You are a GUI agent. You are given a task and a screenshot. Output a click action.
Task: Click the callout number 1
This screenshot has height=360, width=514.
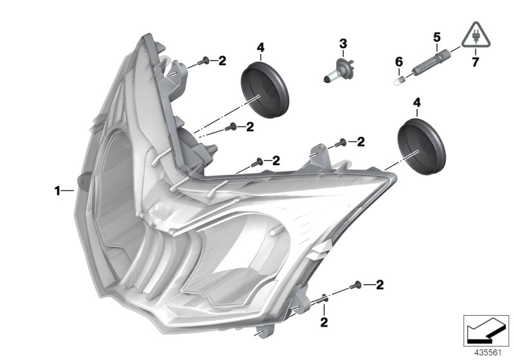[x=57, y=191]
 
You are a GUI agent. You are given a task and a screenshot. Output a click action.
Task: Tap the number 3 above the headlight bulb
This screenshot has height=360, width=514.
[x=343, y=44]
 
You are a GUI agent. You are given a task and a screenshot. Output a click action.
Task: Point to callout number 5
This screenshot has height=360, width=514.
[x=437, y=37]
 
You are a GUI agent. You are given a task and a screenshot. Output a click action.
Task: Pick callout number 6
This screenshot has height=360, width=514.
[x=399, y=62]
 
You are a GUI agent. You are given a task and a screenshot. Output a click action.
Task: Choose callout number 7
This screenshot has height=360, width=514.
[x=475, y=62]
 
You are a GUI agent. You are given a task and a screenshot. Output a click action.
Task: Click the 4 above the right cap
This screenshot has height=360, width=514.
[x=418, y=103]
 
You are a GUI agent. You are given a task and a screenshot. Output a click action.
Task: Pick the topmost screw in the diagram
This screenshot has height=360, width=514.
[x=204, y=61]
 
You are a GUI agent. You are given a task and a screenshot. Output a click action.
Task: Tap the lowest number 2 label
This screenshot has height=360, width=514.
[x=324, y=319]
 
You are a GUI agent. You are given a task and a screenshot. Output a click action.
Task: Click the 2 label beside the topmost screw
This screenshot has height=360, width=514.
[x=222, y=61]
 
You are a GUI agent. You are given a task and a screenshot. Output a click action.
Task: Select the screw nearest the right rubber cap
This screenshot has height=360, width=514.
[x=341, y=141]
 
